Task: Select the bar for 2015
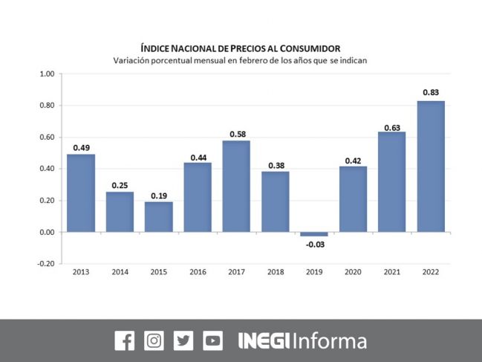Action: (x=158, y=216)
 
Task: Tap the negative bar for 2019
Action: (x=313, y=234)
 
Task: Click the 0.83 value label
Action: (x=430, y=92)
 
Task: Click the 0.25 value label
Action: (x=120, y=184)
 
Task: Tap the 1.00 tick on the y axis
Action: (x=46, y=74)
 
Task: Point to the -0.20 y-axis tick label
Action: (x=45, y=264)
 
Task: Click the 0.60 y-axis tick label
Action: (x=46, y=138)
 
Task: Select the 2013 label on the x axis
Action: (x=81, y=273)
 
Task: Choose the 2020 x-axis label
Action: (x=352, y=273)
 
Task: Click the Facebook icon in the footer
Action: (x=125, y=340)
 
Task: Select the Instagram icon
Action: (x=154, y=340)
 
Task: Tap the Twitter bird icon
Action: (x=183, y=340)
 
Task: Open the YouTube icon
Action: (x=212, y=340)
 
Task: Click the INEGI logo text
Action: (x=264, y=341)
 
